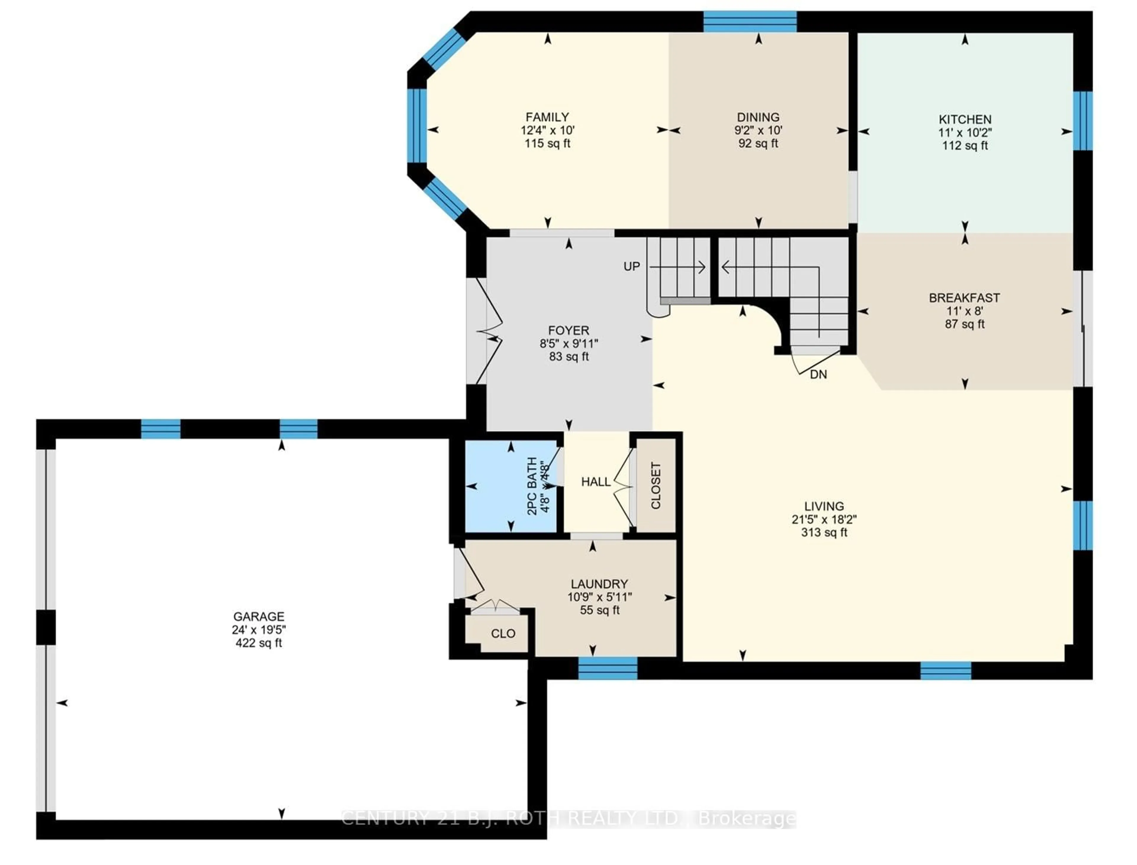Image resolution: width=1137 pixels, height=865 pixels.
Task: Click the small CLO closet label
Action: [502, 633]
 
